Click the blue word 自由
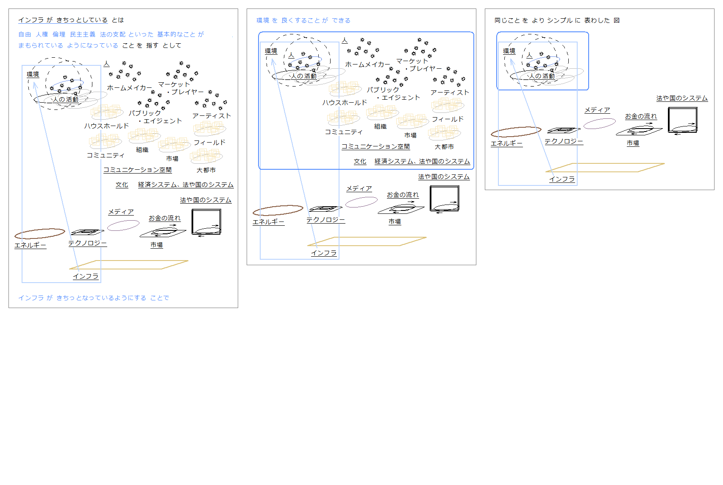coord(25,34)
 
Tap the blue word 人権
coord(42,34)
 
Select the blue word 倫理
coord(59,34)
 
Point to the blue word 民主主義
coord(83,34)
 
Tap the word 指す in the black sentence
coord(152,45)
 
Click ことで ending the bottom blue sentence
coord(160,298)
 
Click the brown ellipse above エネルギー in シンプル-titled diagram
coord(516,132)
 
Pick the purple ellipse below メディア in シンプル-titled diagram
coord(599,123)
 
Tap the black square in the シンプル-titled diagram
coord(682,120)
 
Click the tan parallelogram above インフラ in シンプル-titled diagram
coord(605,168)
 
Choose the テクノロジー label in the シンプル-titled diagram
coord(564,141)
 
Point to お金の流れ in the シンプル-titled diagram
coord(641,116)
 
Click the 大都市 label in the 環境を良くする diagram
coord(444,147)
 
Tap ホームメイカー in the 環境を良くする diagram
coord(367,64)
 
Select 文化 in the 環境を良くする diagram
coord(360,162)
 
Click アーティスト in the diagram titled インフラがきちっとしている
coord(211,116)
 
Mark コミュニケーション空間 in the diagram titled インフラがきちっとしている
coord(137,170)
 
